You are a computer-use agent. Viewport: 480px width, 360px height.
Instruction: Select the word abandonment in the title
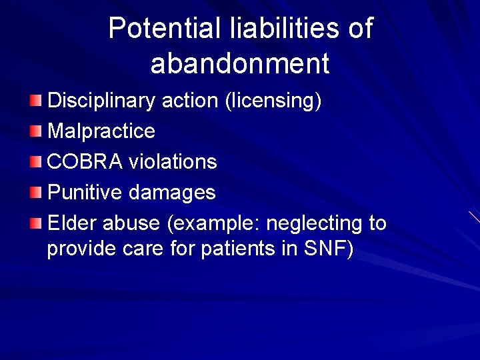pyautogui.click(x=240, y=64)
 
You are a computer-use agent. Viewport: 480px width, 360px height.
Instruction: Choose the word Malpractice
pyautogui.click(x=101, y=131)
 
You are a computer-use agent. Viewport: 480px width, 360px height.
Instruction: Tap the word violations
pyautogui.click(x=173, y=162)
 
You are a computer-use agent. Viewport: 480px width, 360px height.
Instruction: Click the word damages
pyautogui.click(x=172, y=193)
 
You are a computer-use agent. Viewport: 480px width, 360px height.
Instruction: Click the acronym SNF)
pyautogui.click(x=328, y=249)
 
